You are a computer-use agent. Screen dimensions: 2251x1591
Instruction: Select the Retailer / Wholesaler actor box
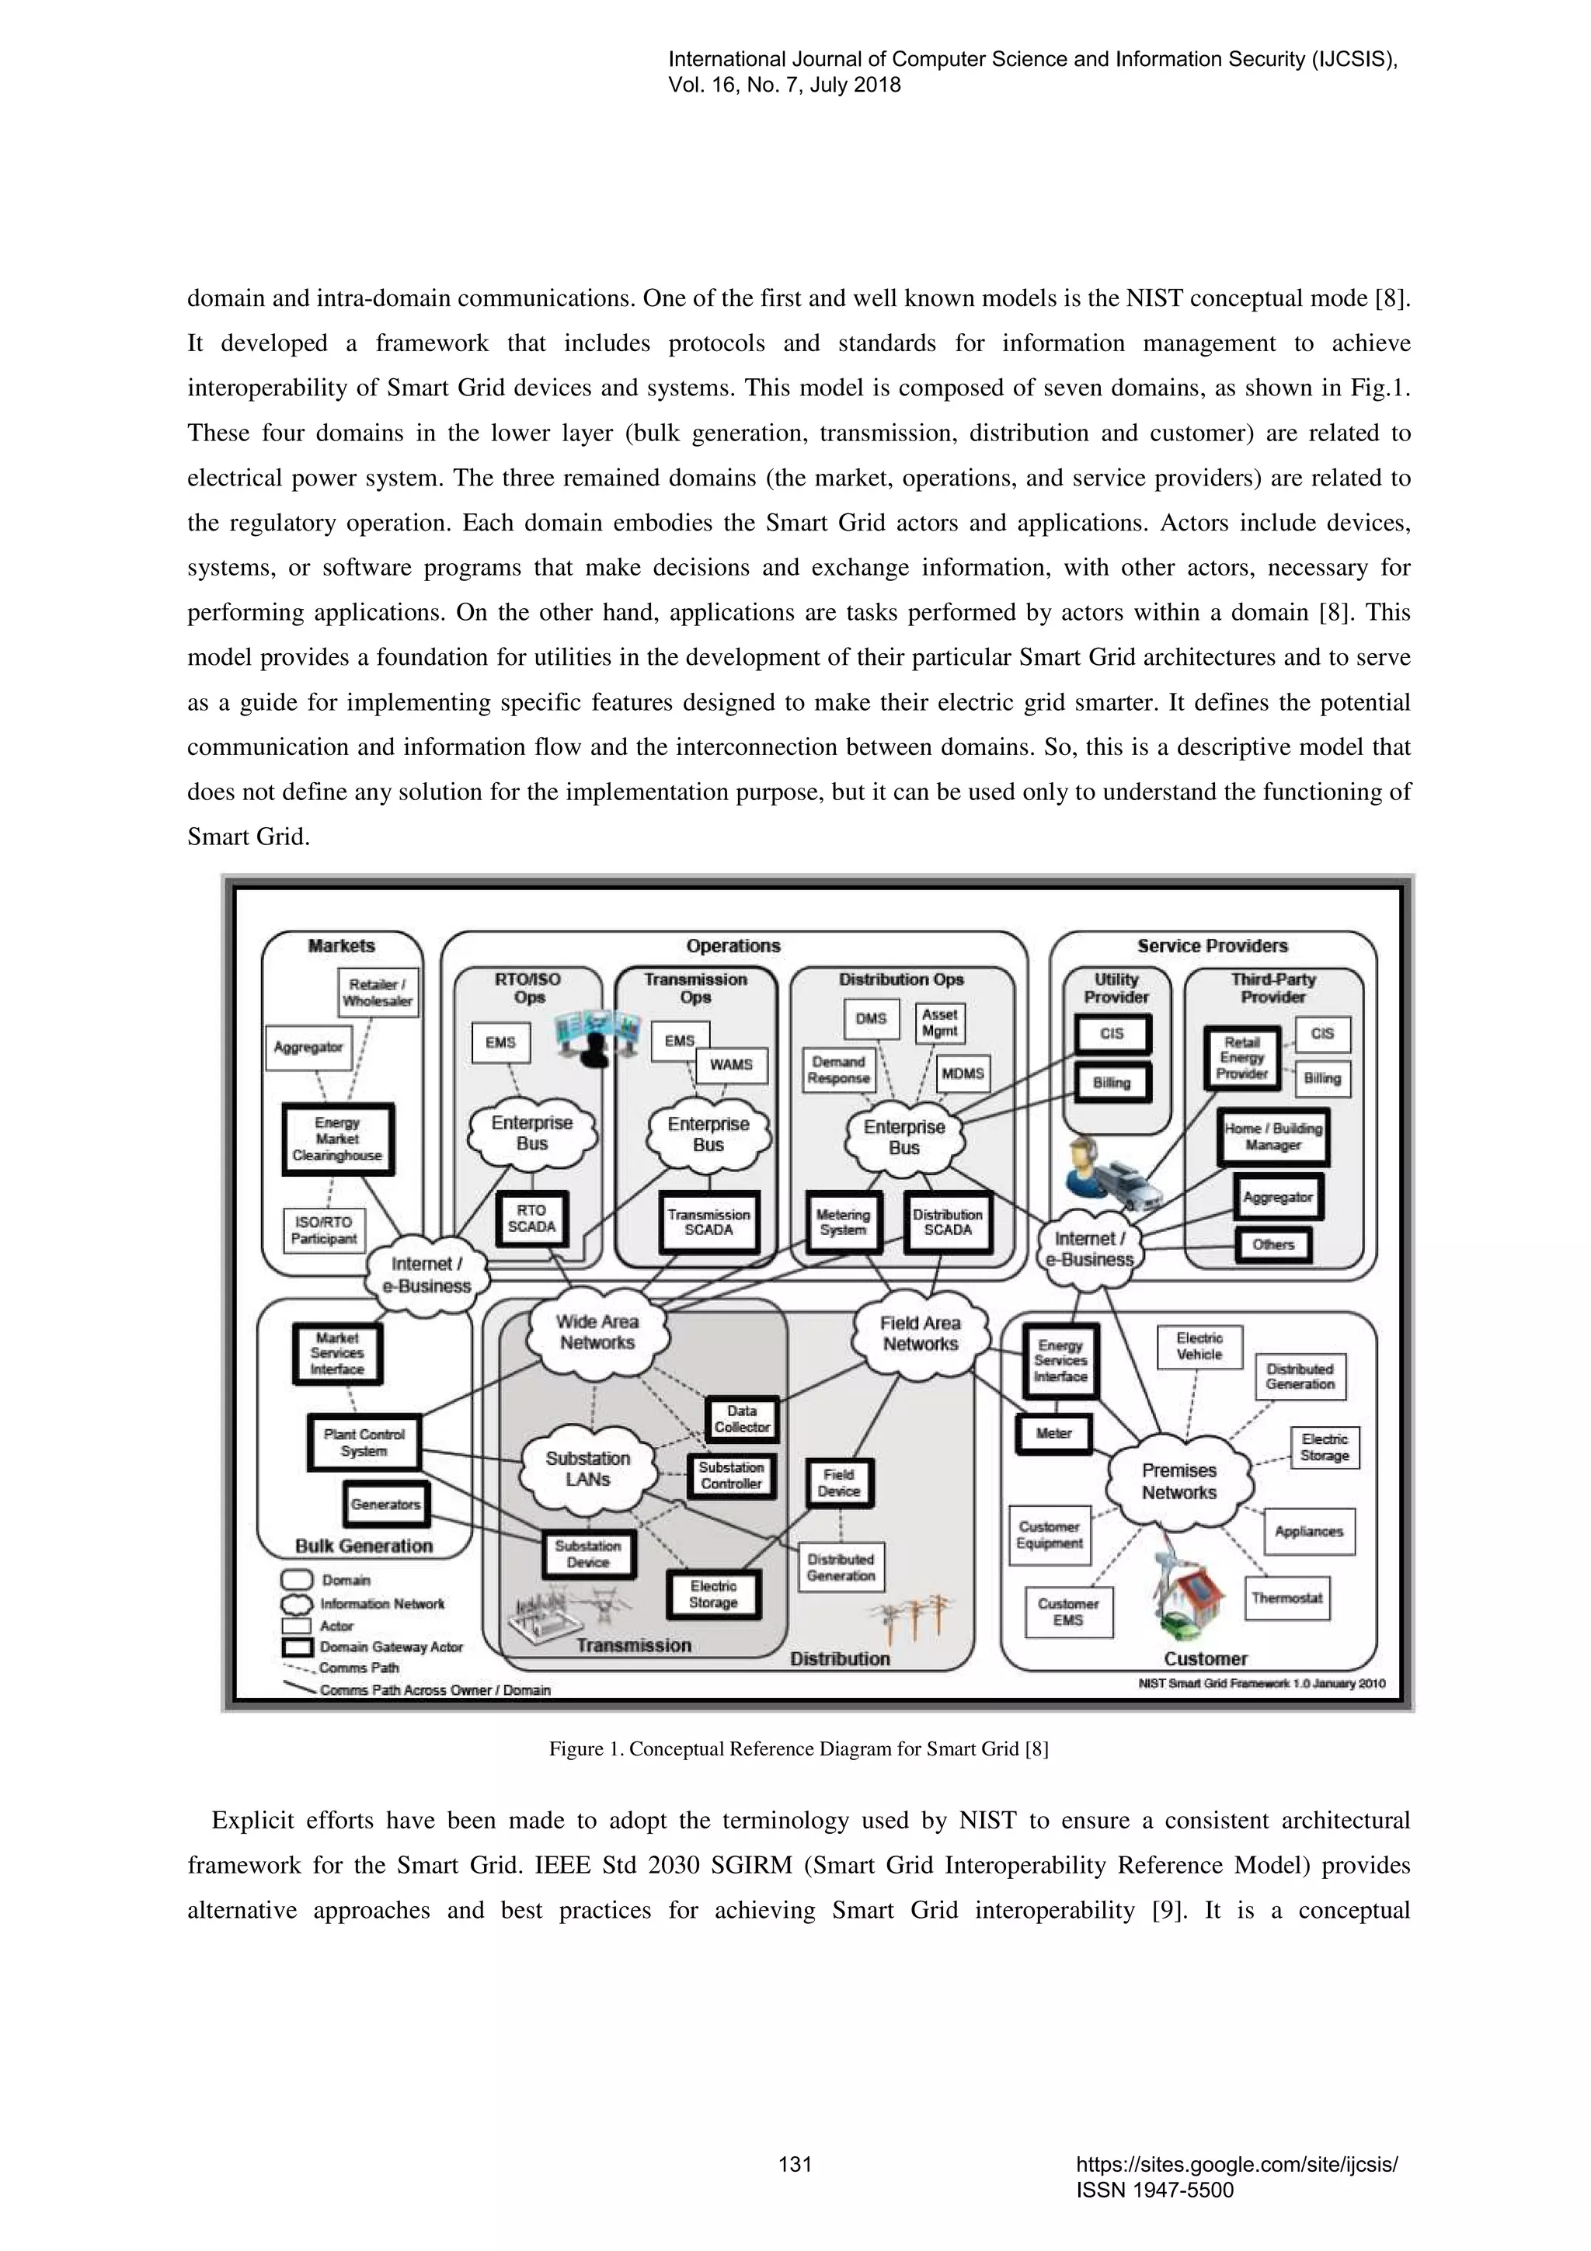[377, 992]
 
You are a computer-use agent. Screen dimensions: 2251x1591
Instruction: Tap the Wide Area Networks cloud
[597, 1332]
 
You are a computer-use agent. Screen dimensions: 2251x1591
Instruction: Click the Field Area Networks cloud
[920, 1334]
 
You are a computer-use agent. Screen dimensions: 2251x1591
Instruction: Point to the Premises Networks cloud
[1178, 1481]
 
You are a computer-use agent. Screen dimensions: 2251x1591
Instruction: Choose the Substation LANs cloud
[587, 1469]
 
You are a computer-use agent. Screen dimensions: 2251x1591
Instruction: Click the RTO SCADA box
[531, 1219]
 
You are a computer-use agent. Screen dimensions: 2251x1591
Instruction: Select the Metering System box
[842, 1223]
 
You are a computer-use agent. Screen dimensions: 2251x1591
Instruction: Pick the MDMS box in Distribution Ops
[962, 1073]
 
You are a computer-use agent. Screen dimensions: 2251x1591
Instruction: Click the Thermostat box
[1286, 1598]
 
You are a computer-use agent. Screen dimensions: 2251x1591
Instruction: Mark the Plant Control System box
[364, 1442]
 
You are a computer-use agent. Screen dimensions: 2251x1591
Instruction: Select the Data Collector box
[741, 1418]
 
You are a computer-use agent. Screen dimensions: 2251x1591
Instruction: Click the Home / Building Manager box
[1272, 1136]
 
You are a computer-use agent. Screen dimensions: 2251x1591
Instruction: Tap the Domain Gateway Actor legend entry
[390, 1647]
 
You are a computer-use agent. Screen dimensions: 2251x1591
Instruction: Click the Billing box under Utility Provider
[1112, 1082]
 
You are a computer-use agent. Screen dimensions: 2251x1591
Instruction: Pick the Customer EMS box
[1067, 1612]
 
